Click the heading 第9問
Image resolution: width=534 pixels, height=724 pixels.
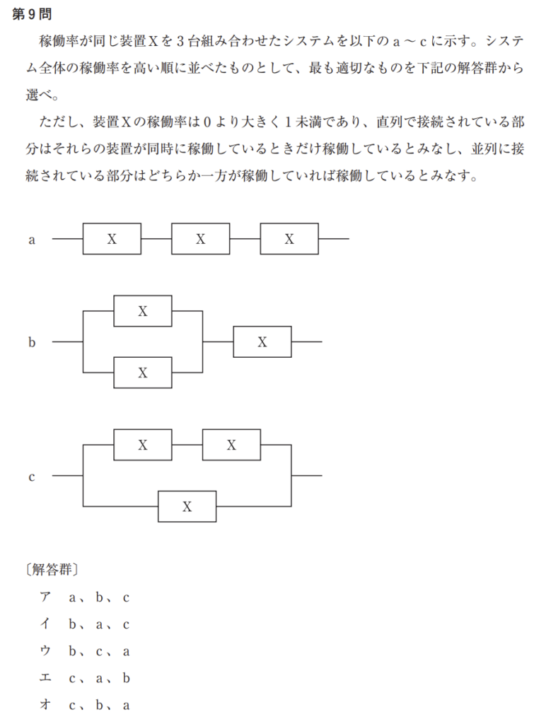pyautogui.click(x=32, y=14)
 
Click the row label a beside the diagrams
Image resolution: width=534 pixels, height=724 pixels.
pyautogui.click(x=32, y=240)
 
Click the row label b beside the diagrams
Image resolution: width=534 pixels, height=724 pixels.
pyautogui.click(x=32, y=342)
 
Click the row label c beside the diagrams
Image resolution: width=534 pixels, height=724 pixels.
pyautogui.click(x=32, y=477)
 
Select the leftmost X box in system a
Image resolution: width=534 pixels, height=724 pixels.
pyautogui.click(x=112, y=239)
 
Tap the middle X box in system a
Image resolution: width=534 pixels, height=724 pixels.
pyautogui.click(x=200, y=239)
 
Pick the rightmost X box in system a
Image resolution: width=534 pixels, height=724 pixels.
pyautogui.click(x=289, y=239)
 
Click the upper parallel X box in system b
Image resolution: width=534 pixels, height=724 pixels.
pyautogui.click(x=143, y=311)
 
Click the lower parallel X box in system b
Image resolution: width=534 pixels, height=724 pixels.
pyautogui.click(x=143, y=373)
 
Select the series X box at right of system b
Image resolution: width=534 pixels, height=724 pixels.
pyautogui.click(x=262, y=341)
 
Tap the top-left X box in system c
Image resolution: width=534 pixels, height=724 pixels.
pyautogui.click(x=143, y=445)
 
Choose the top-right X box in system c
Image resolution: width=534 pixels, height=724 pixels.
pyautogui.click(x=232, y=445)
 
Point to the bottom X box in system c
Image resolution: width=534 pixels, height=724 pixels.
pyautogui.click(x=187, y=506)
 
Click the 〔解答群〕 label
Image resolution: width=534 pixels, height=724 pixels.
pyautogui.click(x=50, y=568)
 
